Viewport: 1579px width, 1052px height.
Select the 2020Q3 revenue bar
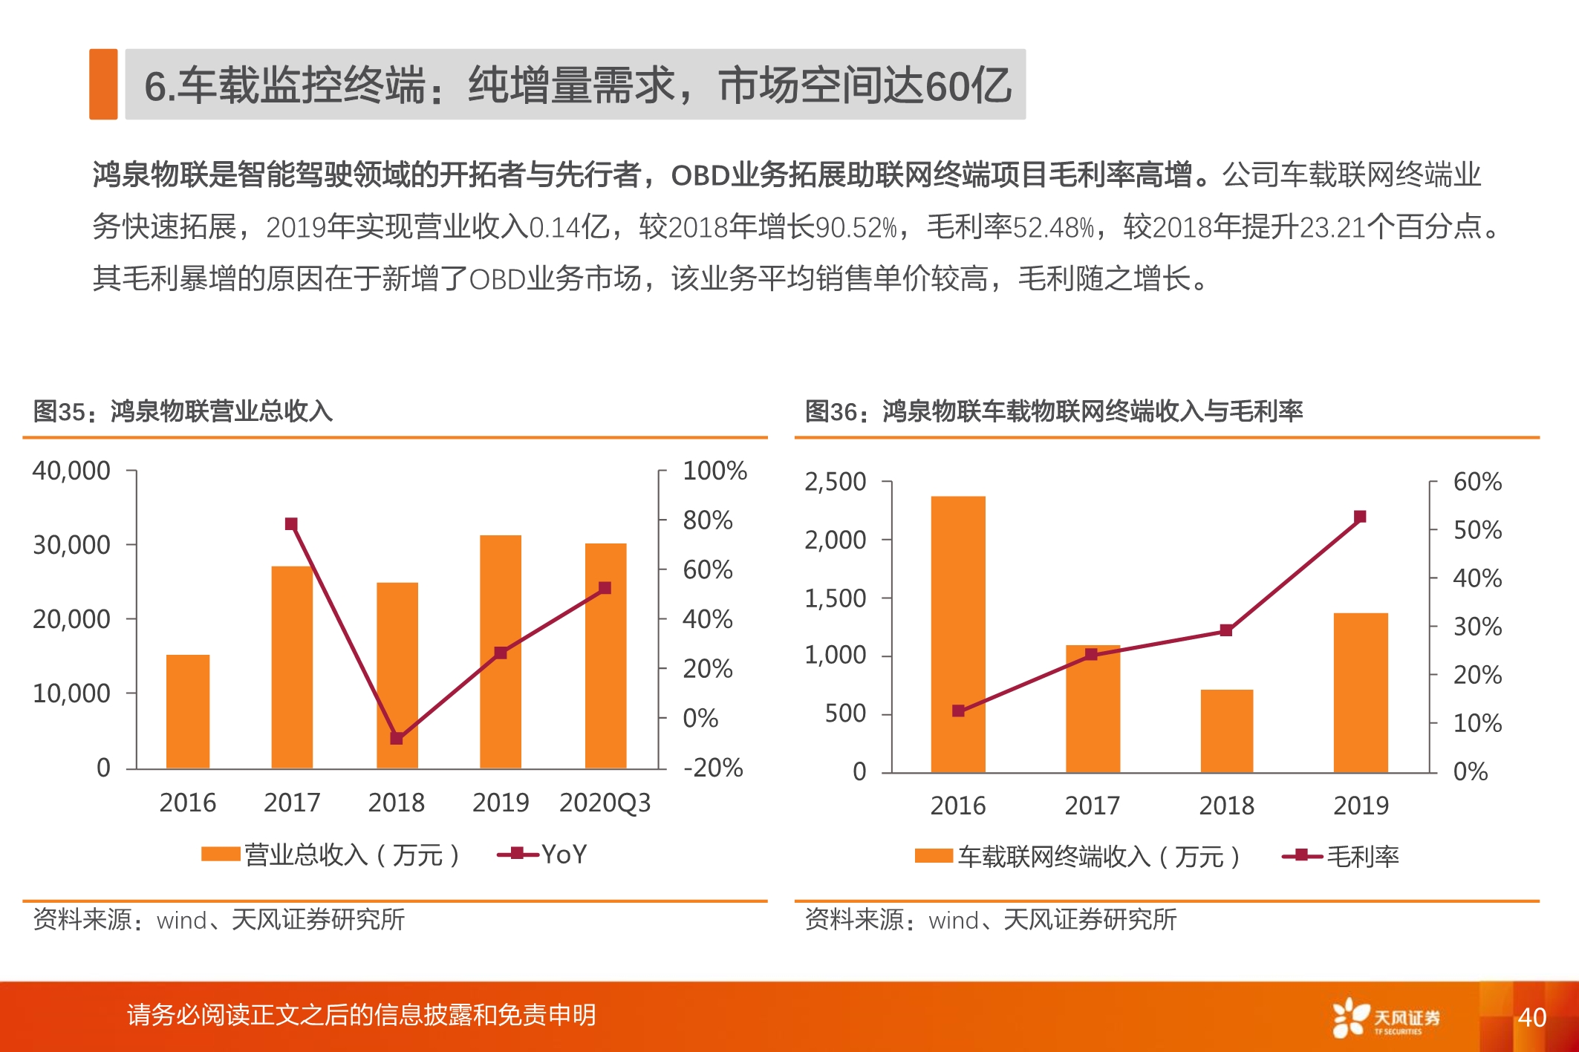605,656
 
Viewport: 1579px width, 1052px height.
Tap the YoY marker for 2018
397,738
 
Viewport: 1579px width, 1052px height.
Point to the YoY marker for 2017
291,524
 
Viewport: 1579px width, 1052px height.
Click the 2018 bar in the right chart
1226,731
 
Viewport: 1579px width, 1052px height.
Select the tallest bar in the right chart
958,635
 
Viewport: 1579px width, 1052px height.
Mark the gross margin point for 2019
1360,517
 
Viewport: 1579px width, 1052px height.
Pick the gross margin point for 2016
958,710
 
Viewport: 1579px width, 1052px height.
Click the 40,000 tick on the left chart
71,471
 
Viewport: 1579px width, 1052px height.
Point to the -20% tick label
712,768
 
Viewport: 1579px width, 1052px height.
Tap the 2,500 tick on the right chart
835,482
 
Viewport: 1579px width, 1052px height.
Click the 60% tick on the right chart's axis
1477,482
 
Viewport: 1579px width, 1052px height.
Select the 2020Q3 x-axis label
605,803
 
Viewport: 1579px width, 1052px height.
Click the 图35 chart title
183,411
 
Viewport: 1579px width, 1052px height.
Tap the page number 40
1531,1017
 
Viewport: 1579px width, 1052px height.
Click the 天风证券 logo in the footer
1386,1017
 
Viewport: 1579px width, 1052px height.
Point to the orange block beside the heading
103,84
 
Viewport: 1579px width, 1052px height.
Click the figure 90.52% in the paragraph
856,227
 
